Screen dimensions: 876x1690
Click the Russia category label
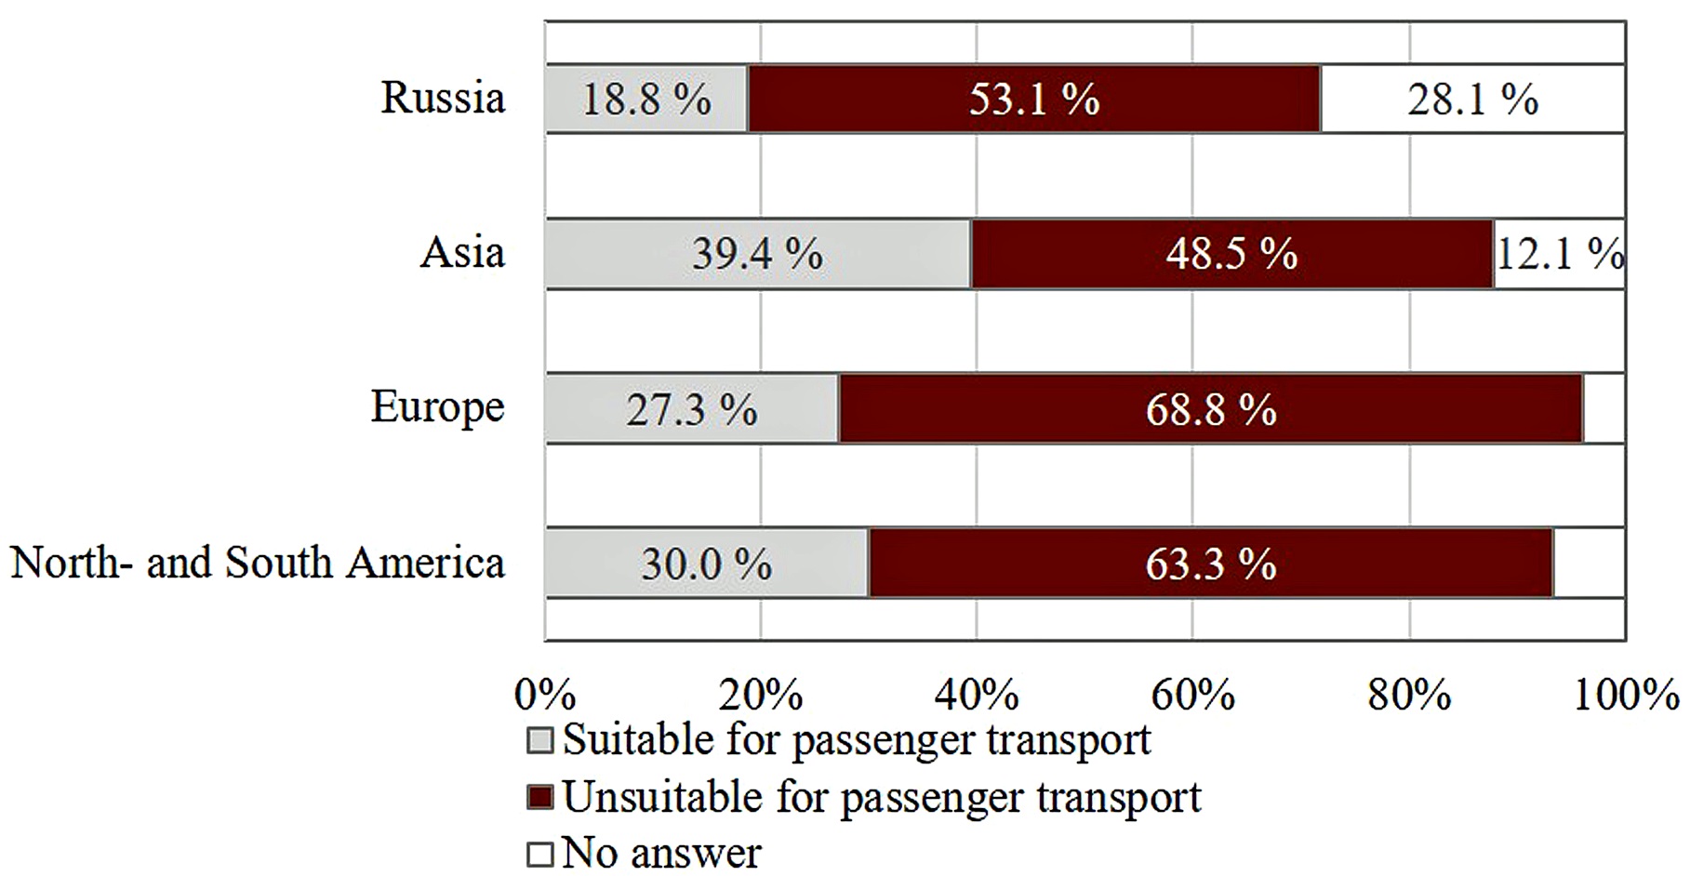tap(443, 98)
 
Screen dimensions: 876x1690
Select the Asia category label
tap(462, 252)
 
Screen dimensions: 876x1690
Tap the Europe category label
tap(437, 407)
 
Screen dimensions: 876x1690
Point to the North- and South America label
tap(258, 563)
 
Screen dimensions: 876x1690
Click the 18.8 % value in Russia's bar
tap(646, 99)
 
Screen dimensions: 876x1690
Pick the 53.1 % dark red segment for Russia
tap(1034, 99)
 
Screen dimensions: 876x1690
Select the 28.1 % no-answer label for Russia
tap(1472, 99)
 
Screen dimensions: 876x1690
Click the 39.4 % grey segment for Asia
tap(757, 253)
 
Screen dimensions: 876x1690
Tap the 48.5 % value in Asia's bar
tap(1231, 253)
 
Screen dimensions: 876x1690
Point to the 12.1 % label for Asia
tap(1560, 253)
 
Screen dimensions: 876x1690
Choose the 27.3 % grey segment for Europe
tap(691, 409)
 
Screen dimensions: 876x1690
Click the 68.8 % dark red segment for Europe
tap(1210, 409)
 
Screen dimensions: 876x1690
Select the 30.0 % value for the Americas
tap(706, 564)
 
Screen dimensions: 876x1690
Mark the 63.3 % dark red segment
tap(1210, 564)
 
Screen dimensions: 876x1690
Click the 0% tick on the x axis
tap(545, 695)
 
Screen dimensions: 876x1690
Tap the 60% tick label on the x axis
tap(1193, 695)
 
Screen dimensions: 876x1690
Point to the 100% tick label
tap(1626, 695)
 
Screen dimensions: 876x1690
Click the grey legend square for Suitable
tap(540, 741)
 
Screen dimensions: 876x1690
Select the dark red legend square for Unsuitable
tap(540, 798)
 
